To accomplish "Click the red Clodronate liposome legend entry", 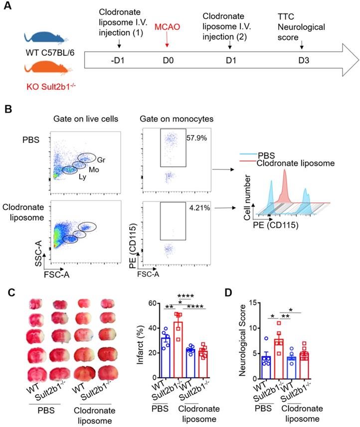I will click(x=295, y=162).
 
